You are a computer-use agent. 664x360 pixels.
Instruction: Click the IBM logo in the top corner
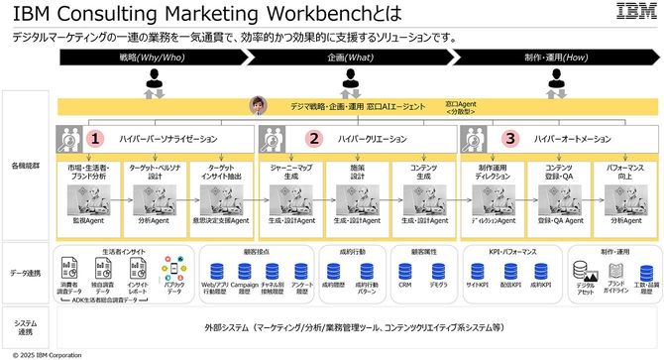click(x=629, y=12)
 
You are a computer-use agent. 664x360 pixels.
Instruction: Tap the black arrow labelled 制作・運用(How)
click(x=554, y=58)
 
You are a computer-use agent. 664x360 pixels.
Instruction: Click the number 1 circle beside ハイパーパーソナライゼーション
click(x=97, y=140)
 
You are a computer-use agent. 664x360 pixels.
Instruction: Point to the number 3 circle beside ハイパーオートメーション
click(x=509, y=140)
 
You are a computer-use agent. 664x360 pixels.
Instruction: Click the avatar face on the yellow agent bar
click(x=261, y=104)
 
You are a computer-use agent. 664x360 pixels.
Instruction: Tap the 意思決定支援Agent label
click(x=218, y=221)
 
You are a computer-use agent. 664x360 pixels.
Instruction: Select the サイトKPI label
click(x=477, y=284)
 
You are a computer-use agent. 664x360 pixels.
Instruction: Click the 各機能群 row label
click(x=26, y=164)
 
